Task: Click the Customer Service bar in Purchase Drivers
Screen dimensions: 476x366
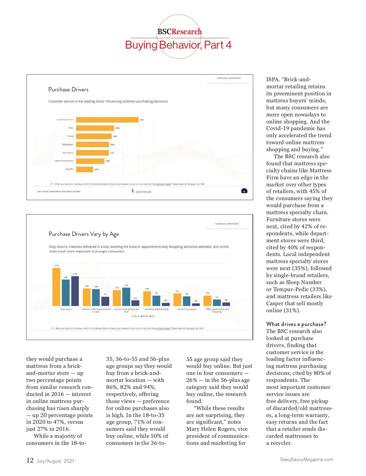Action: (107, 120)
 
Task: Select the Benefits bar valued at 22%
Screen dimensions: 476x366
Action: (84, 169)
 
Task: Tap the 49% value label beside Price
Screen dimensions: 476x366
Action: (117, 128)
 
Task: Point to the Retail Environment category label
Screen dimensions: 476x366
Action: (64, 161)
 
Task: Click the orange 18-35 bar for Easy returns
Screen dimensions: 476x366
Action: (56, 287)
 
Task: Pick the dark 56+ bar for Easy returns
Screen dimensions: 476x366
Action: (75, 291)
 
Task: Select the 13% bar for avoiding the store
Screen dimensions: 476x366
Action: (126, 297)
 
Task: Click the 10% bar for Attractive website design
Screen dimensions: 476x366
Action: (147, 298)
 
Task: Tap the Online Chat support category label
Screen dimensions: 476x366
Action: (187, 309)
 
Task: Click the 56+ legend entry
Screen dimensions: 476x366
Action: (152, 316)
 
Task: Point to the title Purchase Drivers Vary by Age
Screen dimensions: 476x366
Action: (84, 234)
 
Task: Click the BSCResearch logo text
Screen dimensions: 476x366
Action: (179, 32)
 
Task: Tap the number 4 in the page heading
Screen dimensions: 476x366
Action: (228, 45)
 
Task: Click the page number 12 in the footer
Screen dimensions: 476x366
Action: (30, 460)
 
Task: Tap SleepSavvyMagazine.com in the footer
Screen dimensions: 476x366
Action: (306, 460)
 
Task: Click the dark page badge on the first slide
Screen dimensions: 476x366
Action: (244, 191)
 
